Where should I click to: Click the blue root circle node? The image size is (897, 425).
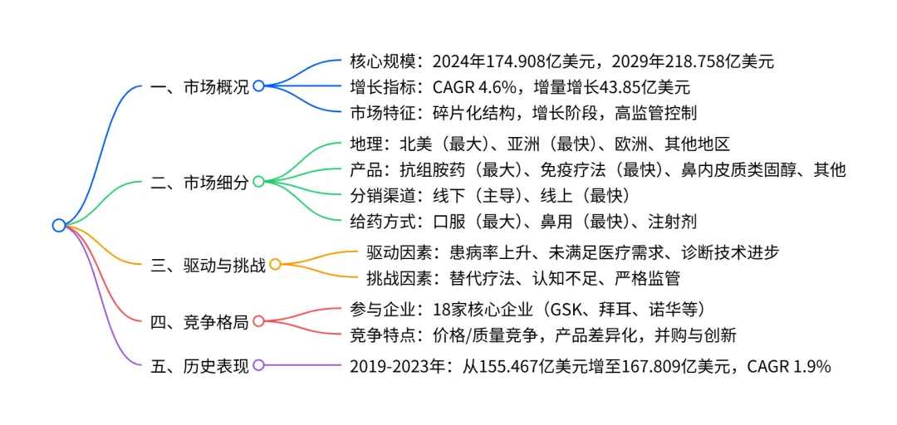[58, 225]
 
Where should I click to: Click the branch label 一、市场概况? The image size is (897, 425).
[199, 85]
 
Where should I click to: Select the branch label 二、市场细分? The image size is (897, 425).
[199, 182]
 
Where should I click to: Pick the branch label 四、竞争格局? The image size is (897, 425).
[199, 321]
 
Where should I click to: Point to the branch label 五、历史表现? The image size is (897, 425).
[199, 364]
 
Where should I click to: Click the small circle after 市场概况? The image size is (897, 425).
[258, 85]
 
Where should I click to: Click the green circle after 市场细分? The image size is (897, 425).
[258, 182]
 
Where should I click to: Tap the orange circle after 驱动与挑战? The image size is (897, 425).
[276, 265]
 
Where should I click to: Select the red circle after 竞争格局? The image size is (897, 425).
[258, 321]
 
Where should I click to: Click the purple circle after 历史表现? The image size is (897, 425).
[258, 364]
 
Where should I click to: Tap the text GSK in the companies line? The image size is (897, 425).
[565, 309]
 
